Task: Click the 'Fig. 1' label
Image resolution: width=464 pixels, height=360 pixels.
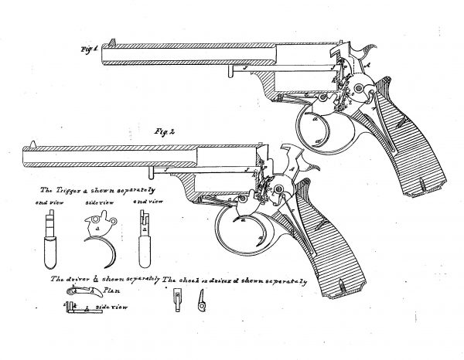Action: pyautogui.click(x=87, y=50)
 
